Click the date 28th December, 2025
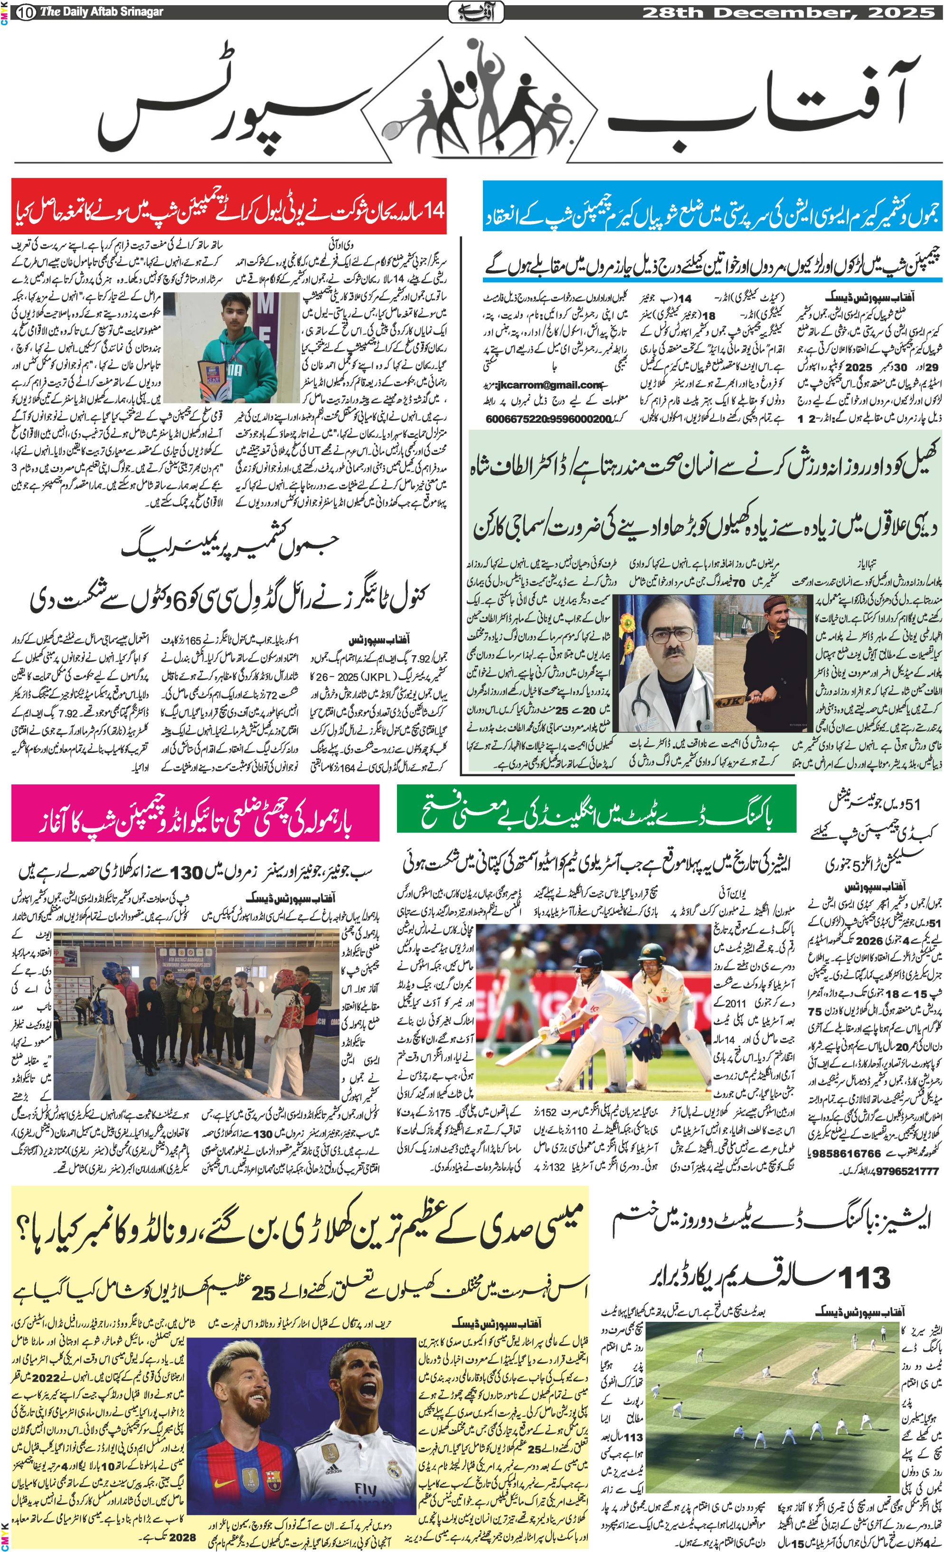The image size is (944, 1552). [788, 11]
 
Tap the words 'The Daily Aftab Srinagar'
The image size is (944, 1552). [101, 12]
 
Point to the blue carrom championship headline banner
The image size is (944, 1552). [712, 214]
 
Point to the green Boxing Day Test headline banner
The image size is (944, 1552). [595, 812]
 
